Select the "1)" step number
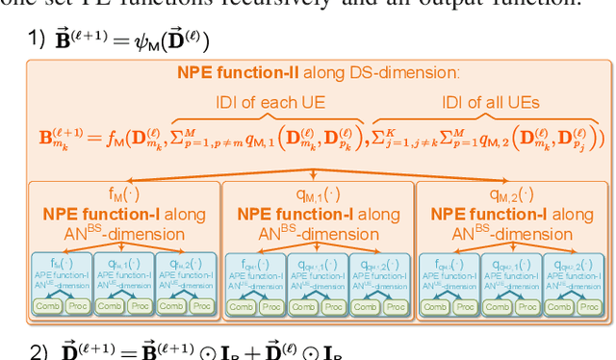pos(38,40)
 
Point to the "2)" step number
pos(38,350)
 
